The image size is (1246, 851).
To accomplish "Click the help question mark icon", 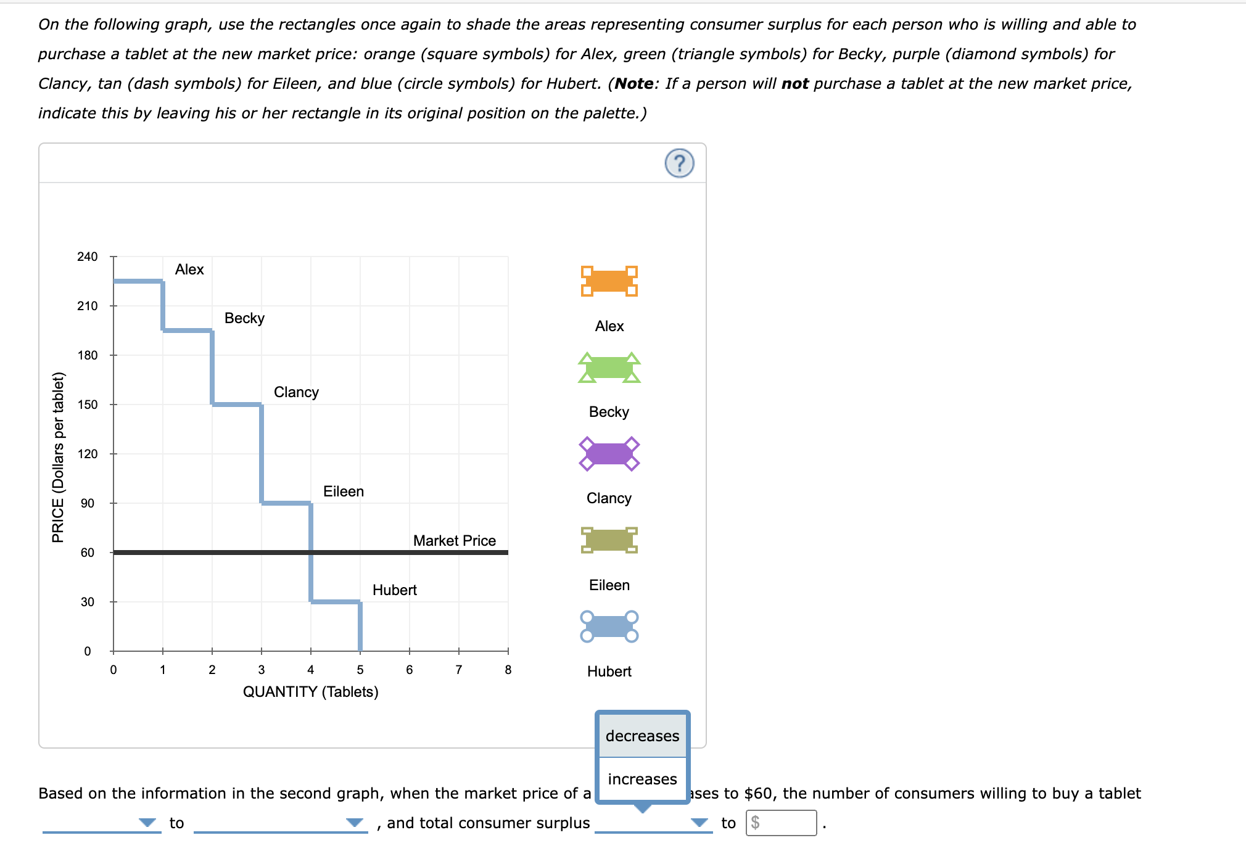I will click(x=679, y=163).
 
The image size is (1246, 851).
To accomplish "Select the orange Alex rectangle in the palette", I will click(x=609, y=281).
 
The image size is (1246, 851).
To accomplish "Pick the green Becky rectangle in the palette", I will click(x=609, y=368).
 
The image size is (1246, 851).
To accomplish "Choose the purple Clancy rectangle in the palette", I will click(x=609, y=454).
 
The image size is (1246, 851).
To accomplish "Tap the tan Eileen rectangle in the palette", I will click(x=609, y=540).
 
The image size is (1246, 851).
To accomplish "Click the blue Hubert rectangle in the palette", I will click(x=609, y=627).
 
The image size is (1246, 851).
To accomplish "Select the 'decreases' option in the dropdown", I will click(x=642, y=736).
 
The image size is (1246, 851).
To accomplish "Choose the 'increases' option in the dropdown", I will click(x=642, y=779).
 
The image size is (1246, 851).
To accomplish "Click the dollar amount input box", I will click(x=781, y=823).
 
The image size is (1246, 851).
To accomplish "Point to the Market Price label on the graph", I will click(x=454, y=541).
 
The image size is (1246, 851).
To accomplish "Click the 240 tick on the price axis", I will click(x=87, y=257).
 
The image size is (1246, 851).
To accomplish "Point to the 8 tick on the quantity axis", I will click(x=508, y=670).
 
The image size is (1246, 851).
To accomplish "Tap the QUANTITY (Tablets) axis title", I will click(x=310, y=692).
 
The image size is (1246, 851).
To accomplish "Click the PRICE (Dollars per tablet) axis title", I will click(x=58, y=457).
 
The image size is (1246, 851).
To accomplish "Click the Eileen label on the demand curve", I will click(x=343, y=491).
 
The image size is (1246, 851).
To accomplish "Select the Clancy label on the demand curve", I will click(x=296, y=392).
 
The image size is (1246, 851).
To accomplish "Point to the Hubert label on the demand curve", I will click(x=394, y=590).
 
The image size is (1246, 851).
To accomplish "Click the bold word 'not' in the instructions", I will click(x=794, y=84).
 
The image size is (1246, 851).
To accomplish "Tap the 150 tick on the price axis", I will click(x=87, y=405).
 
